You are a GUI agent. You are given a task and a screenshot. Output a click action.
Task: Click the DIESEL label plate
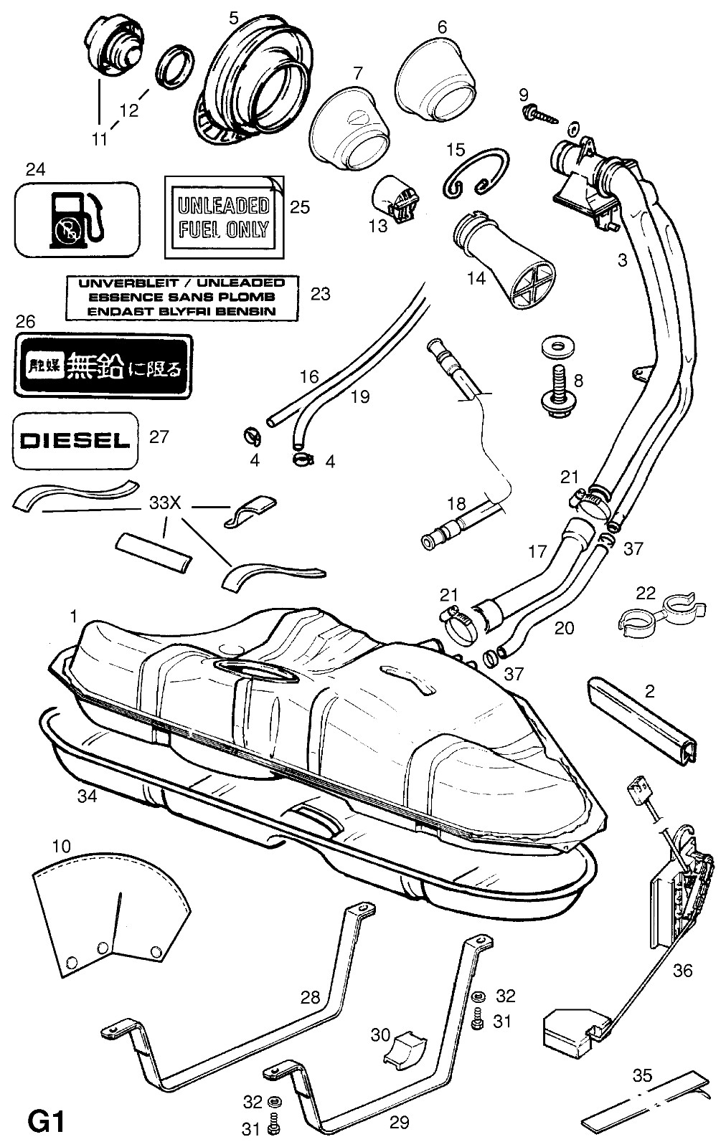tap(75, 440)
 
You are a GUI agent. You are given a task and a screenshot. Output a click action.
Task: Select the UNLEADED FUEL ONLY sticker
tap(223, 218)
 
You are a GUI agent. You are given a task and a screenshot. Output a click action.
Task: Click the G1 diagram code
tap(46, 1121)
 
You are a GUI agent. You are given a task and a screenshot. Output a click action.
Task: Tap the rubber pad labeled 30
tap(407, 1048)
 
